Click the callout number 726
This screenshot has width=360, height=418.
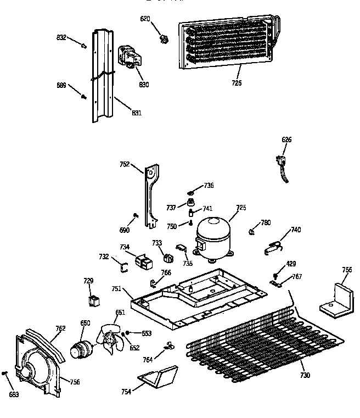tap(237, 83)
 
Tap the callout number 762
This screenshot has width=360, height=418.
tap(60, 328)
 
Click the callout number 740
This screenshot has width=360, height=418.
tap(296, 230)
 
